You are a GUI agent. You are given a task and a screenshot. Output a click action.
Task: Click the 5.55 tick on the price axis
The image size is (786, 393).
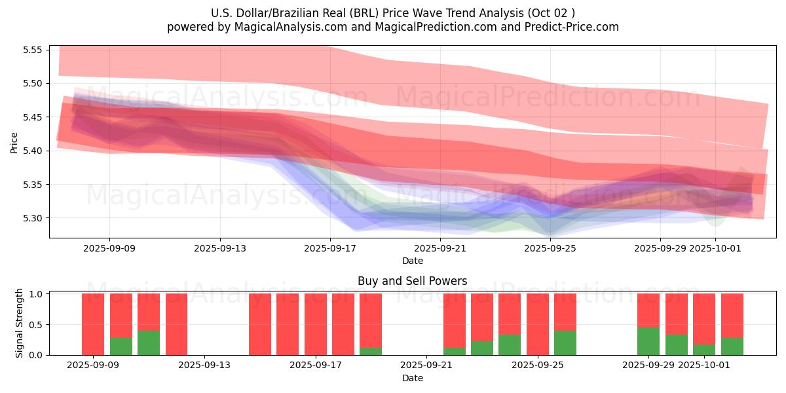pyautogui.click(x=32, y=50)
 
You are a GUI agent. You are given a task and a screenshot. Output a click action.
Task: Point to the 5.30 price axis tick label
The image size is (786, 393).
pyautogui.click(x=32, y=218)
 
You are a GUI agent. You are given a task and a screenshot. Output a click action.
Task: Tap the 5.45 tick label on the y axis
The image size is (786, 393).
pyautogui.click(x=32, y=117)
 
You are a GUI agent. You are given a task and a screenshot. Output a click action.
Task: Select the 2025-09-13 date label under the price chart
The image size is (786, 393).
pyautogui.click(x=219, y=248)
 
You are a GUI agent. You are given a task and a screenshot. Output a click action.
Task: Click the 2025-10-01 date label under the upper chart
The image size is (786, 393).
pyautogui.click(x=715, y=248)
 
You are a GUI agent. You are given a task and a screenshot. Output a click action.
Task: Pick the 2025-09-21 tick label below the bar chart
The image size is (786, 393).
pyautogui.click(x=426, y=365)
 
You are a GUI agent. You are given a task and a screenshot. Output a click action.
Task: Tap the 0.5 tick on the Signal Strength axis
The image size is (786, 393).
pyautogui.click(x=35, y=325)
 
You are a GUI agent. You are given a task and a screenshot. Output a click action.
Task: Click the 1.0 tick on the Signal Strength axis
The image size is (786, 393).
pyautogui.click(x=35, y=294)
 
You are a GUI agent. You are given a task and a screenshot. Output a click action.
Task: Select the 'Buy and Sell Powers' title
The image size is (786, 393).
pyautogui.click(x=412, y=281)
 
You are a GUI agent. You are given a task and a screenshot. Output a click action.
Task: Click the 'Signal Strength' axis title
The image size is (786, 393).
pyautogui.click(x=20, y=323)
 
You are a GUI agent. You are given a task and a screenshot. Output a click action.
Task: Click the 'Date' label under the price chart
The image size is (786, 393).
pyautogui.click(x=412, y=261)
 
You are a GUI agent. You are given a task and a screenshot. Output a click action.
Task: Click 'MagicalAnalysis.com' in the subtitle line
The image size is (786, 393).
pyautogui.click(x=291, y=27)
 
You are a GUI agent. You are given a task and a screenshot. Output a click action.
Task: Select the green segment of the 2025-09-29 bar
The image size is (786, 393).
pyautogui.click(x=648, y=341)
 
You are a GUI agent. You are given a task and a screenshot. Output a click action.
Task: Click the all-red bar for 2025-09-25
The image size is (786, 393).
pyautogui.click(x=537, y=324)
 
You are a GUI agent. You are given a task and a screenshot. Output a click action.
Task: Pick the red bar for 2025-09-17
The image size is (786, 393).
pyautogui.click(x=316, y=324)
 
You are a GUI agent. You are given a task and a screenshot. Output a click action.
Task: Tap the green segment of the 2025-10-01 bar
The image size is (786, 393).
pyautogui.click(x=704, y=350)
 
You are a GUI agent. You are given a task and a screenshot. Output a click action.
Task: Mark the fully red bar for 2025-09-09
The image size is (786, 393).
pyautogui.click(x=93, y=324)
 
